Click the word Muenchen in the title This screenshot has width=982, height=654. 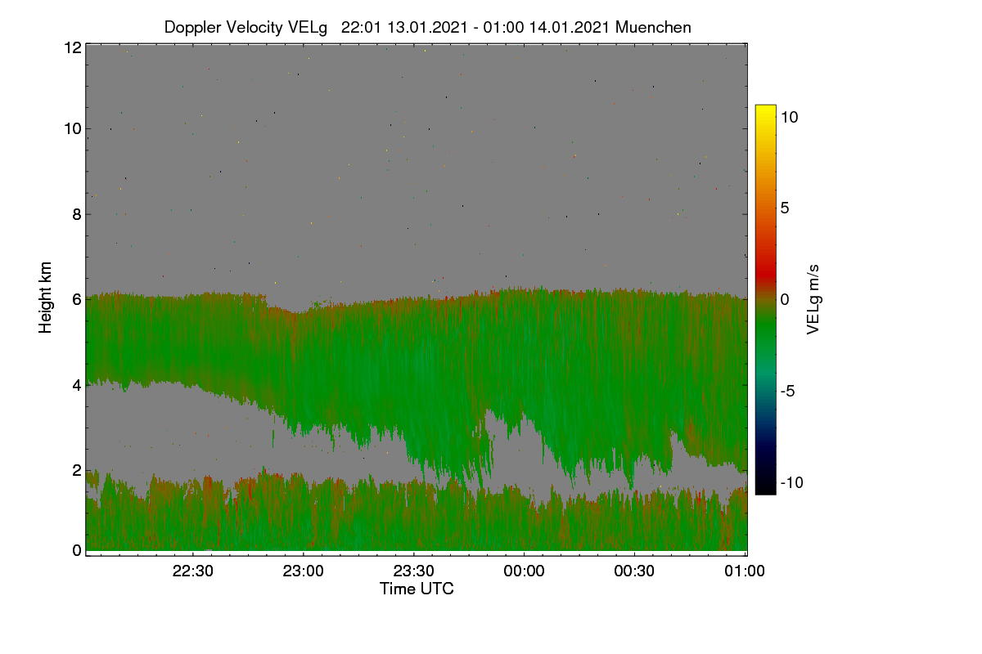click(653, 28)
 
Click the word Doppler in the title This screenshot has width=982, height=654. click(192, 28)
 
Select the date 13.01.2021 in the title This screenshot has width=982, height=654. click(427, 28)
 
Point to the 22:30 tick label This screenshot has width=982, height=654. click(192, 571)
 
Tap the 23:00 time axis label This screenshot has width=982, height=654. click(303, 571)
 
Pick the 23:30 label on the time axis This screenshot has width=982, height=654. click(413, 571)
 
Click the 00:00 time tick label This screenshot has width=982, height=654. click(524, 571)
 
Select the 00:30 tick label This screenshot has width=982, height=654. click(634, 571)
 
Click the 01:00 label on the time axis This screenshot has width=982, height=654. click(745, 571)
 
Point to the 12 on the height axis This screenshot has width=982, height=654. click(73, 47)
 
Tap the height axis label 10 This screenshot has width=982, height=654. click(73, 129)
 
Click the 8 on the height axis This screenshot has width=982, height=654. click(77, 215)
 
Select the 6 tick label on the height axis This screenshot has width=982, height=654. click(77, 300)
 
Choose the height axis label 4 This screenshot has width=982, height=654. click(77, 386)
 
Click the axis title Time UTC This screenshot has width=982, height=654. click(417, 589)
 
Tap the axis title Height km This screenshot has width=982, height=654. click(45, 298)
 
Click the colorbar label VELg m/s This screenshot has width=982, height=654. click(813, 300)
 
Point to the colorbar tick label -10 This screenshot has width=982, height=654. click(792, 482)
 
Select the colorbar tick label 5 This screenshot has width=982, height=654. click(785, 208)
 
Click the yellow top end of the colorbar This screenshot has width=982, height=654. click(765, 107)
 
